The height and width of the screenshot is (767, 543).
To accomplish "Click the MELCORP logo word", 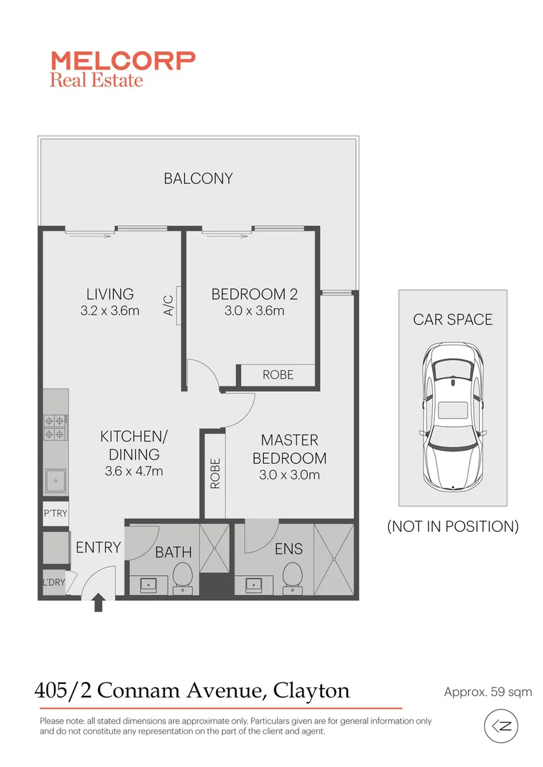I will pos(122,60).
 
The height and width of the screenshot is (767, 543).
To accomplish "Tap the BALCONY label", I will pos(198,178).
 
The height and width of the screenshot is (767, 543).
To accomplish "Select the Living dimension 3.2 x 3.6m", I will pos(110,310).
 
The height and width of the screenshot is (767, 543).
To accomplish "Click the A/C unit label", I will pos(169,305).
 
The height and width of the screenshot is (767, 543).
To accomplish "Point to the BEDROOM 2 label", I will pos(254,294).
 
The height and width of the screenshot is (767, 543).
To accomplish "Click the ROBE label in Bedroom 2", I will pos(277,374).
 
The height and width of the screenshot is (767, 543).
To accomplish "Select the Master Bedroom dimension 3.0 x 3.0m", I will pos(289,475).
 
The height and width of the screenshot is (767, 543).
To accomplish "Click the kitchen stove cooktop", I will pos(55,427).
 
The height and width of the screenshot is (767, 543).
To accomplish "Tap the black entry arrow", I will pos(98,604).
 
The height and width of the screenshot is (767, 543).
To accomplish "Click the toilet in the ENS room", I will pos(292,577).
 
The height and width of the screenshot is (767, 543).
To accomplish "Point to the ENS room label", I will pos(289,548).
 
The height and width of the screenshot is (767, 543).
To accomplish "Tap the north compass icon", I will pos(502,726).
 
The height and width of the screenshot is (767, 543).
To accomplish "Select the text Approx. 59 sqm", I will pos(488,692).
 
